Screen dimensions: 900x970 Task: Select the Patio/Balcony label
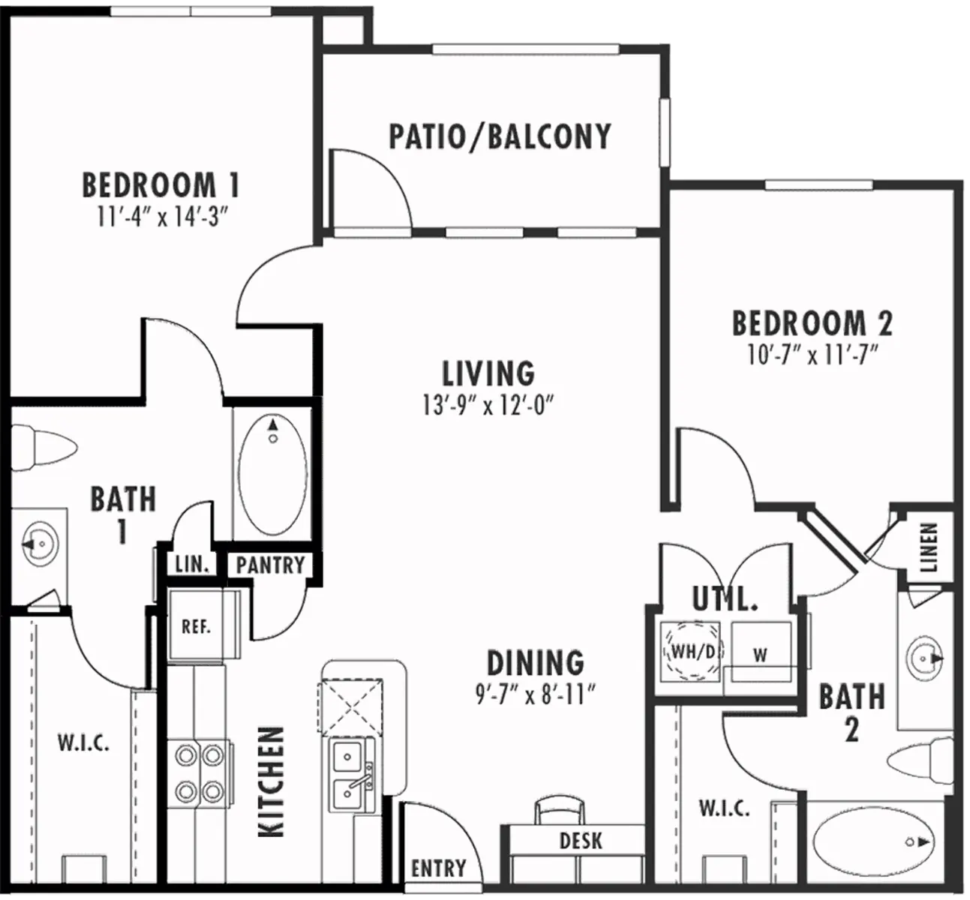500,136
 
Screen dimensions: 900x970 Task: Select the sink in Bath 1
38,542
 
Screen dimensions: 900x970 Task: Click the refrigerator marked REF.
196,626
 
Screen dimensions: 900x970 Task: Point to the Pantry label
270,565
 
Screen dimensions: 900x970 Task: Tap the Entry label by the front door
439,868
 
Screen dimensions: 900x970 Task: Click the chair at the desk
557,811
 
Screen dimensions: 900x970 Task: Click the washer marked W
761,654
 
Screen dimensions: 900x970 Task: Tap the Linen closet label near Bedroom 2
929,547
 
